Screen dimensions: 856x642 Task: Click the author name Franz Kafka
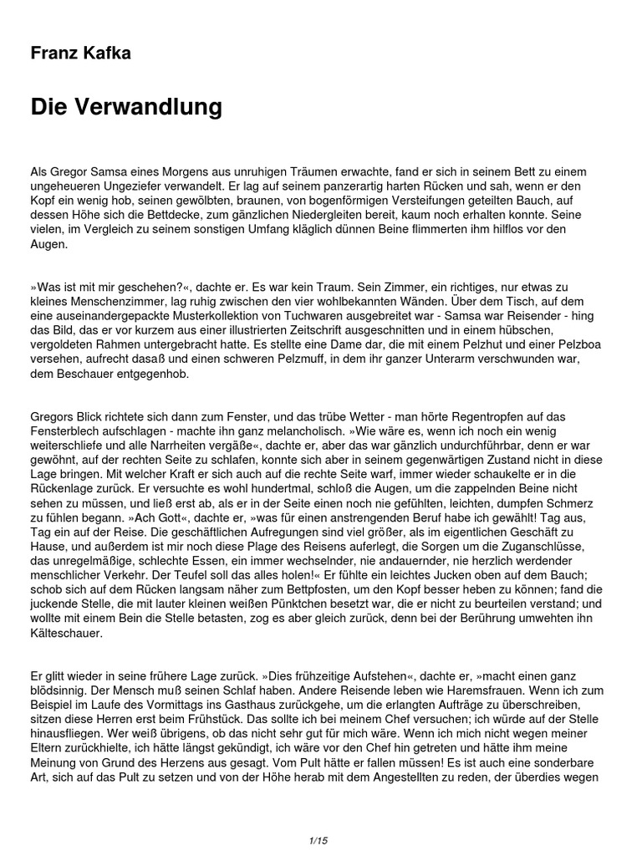(80, 53)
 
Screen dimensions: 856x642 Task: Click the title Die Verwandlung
(126, 107)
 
